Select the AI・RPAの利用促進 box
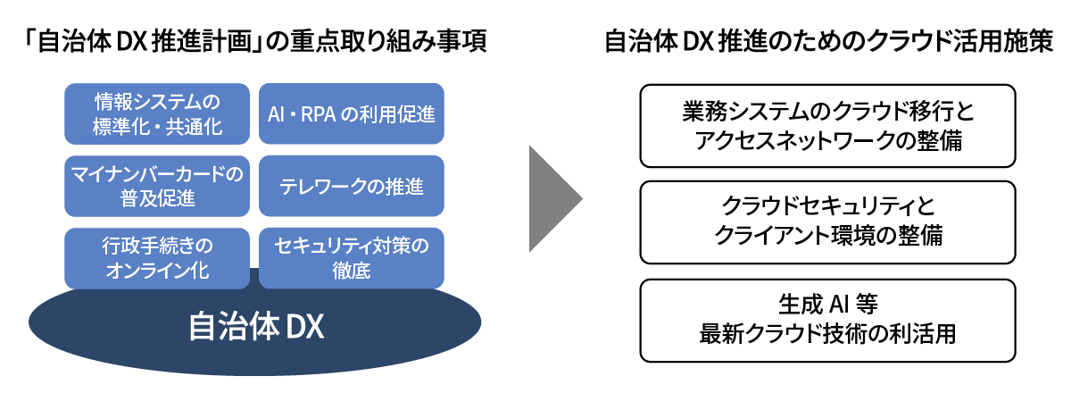coord(351,113)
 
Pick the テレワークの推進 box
coord(351,186)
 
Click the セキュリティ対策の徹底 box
coord(351,257)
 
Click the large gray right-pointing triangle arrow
coord(553,197)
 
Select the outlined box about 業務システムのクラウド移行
coord(827,126)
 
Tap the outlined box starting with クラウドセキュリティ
coord(827,222)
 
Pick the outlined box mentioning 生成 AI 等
coord(827,320)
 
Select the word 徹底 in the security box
coord(351,271)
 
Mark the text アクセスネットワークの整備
coord(827,140)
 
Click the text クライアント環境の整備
coord(827,237)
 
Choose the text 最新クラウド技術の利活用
coord(827,335)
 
